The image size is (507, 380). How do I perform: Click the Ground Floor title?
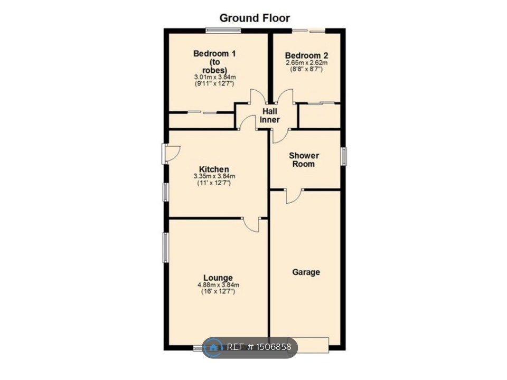click(x=254, y=18)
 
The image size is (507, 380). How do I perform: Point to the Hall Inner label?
click(x=269, y=116)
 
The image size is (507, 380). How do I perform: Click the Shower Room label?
click(x=304, y=159)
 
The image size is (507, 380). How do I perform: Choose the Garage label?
click(x=306, y=272)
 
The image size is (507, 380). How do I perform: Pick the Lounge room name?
click(x=218, y=278)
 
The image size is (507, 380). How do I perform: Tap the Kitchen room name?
click(x=214, y=169)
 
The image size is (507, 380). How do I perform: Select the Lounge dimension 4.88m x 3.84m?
click(x=218, y=285)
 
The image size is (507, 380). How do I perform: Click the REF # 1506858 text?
click(x=259, y=347)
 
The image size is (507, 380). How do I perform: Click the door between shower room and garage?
click(x=293, y=195)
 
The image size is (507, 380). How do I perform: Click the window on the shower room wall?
click(x=343, y=156)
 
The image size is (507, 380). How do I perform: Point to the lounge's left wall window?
click(x=165, y=248)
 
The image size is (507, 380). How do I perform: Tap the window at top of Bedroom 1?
click(x=223, y=30)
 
